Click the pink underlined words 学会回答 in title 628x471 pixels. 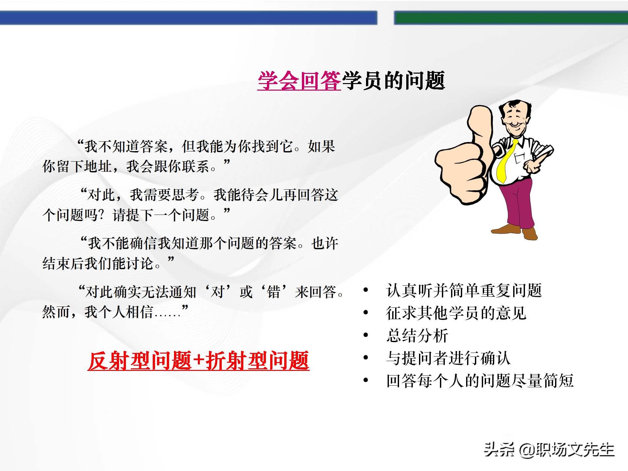click(299, 81)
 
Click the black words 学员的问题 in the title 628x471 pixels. click(393, 81)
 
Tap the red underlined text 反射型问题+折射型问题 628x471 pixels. click(198, 361)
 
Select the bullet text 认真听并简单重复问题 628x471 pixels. click(464, 290)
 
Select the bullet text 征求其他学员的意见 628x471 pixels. click(456, 313)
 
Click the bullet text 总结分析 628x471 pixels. click(417, 336)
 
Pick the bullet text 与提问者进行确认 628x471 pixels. click(448, 358)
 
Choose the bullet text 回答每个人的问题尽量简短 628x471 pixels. click(480, 381)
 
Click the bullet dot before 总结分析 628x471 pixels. click(366, 335)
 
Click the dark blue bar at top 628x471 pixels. click(188, 18)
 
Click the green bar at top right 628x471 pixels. click(510, 18)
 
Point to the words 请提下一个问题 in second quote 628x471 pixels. click(160, 215)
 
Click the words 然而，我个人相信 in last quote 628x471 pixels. click(98, 312)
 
